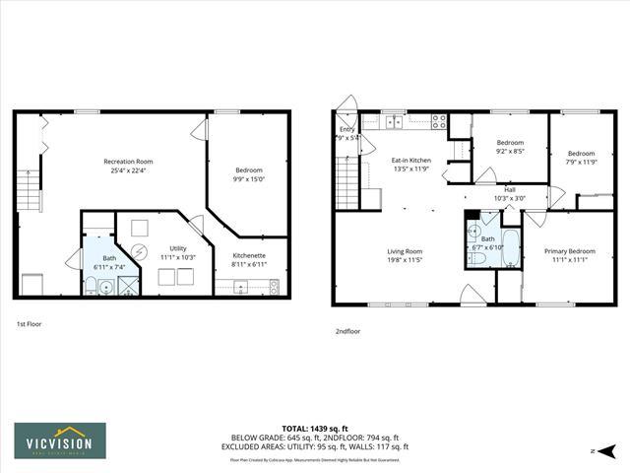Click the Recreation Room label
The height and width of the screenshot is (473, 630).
tap(129, 161)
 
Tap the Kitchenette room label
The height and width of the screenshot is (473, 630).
tap(248, 255)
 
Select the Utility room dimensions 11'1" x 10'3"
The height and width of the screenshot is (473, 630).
tap(177, 257)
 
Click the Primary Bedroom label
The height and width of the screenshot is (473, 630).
tap(570, 251)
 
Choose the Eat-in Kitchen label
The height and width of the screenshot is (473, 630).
tap(411, 160)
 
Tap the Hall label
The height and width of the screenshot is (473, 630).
tap(510, 189)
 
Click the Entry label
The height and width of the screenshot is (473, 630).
tap(346, 129)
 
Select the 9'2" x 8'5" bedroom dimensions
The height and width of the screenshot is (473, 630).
tap(510, 152)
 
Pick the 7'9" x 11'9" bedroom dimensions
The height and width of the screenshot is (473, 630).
tap(581, 162)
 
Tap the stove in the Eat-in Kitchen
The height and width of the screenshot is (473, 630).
tap(439, 123)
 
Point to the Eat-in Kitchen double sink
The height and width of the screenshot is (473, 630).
tap(393, 123)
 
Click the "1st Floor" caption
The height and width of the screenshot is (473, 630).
tap(29, 324)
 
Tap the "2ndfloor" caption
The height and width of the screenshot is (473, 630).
tap(346, 331)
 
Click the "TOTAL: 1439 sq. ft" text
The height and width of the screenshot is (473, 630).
tap(320, 429)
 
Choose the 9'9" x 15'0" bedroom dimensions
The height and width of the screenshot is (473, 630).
tap(249, 179)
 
